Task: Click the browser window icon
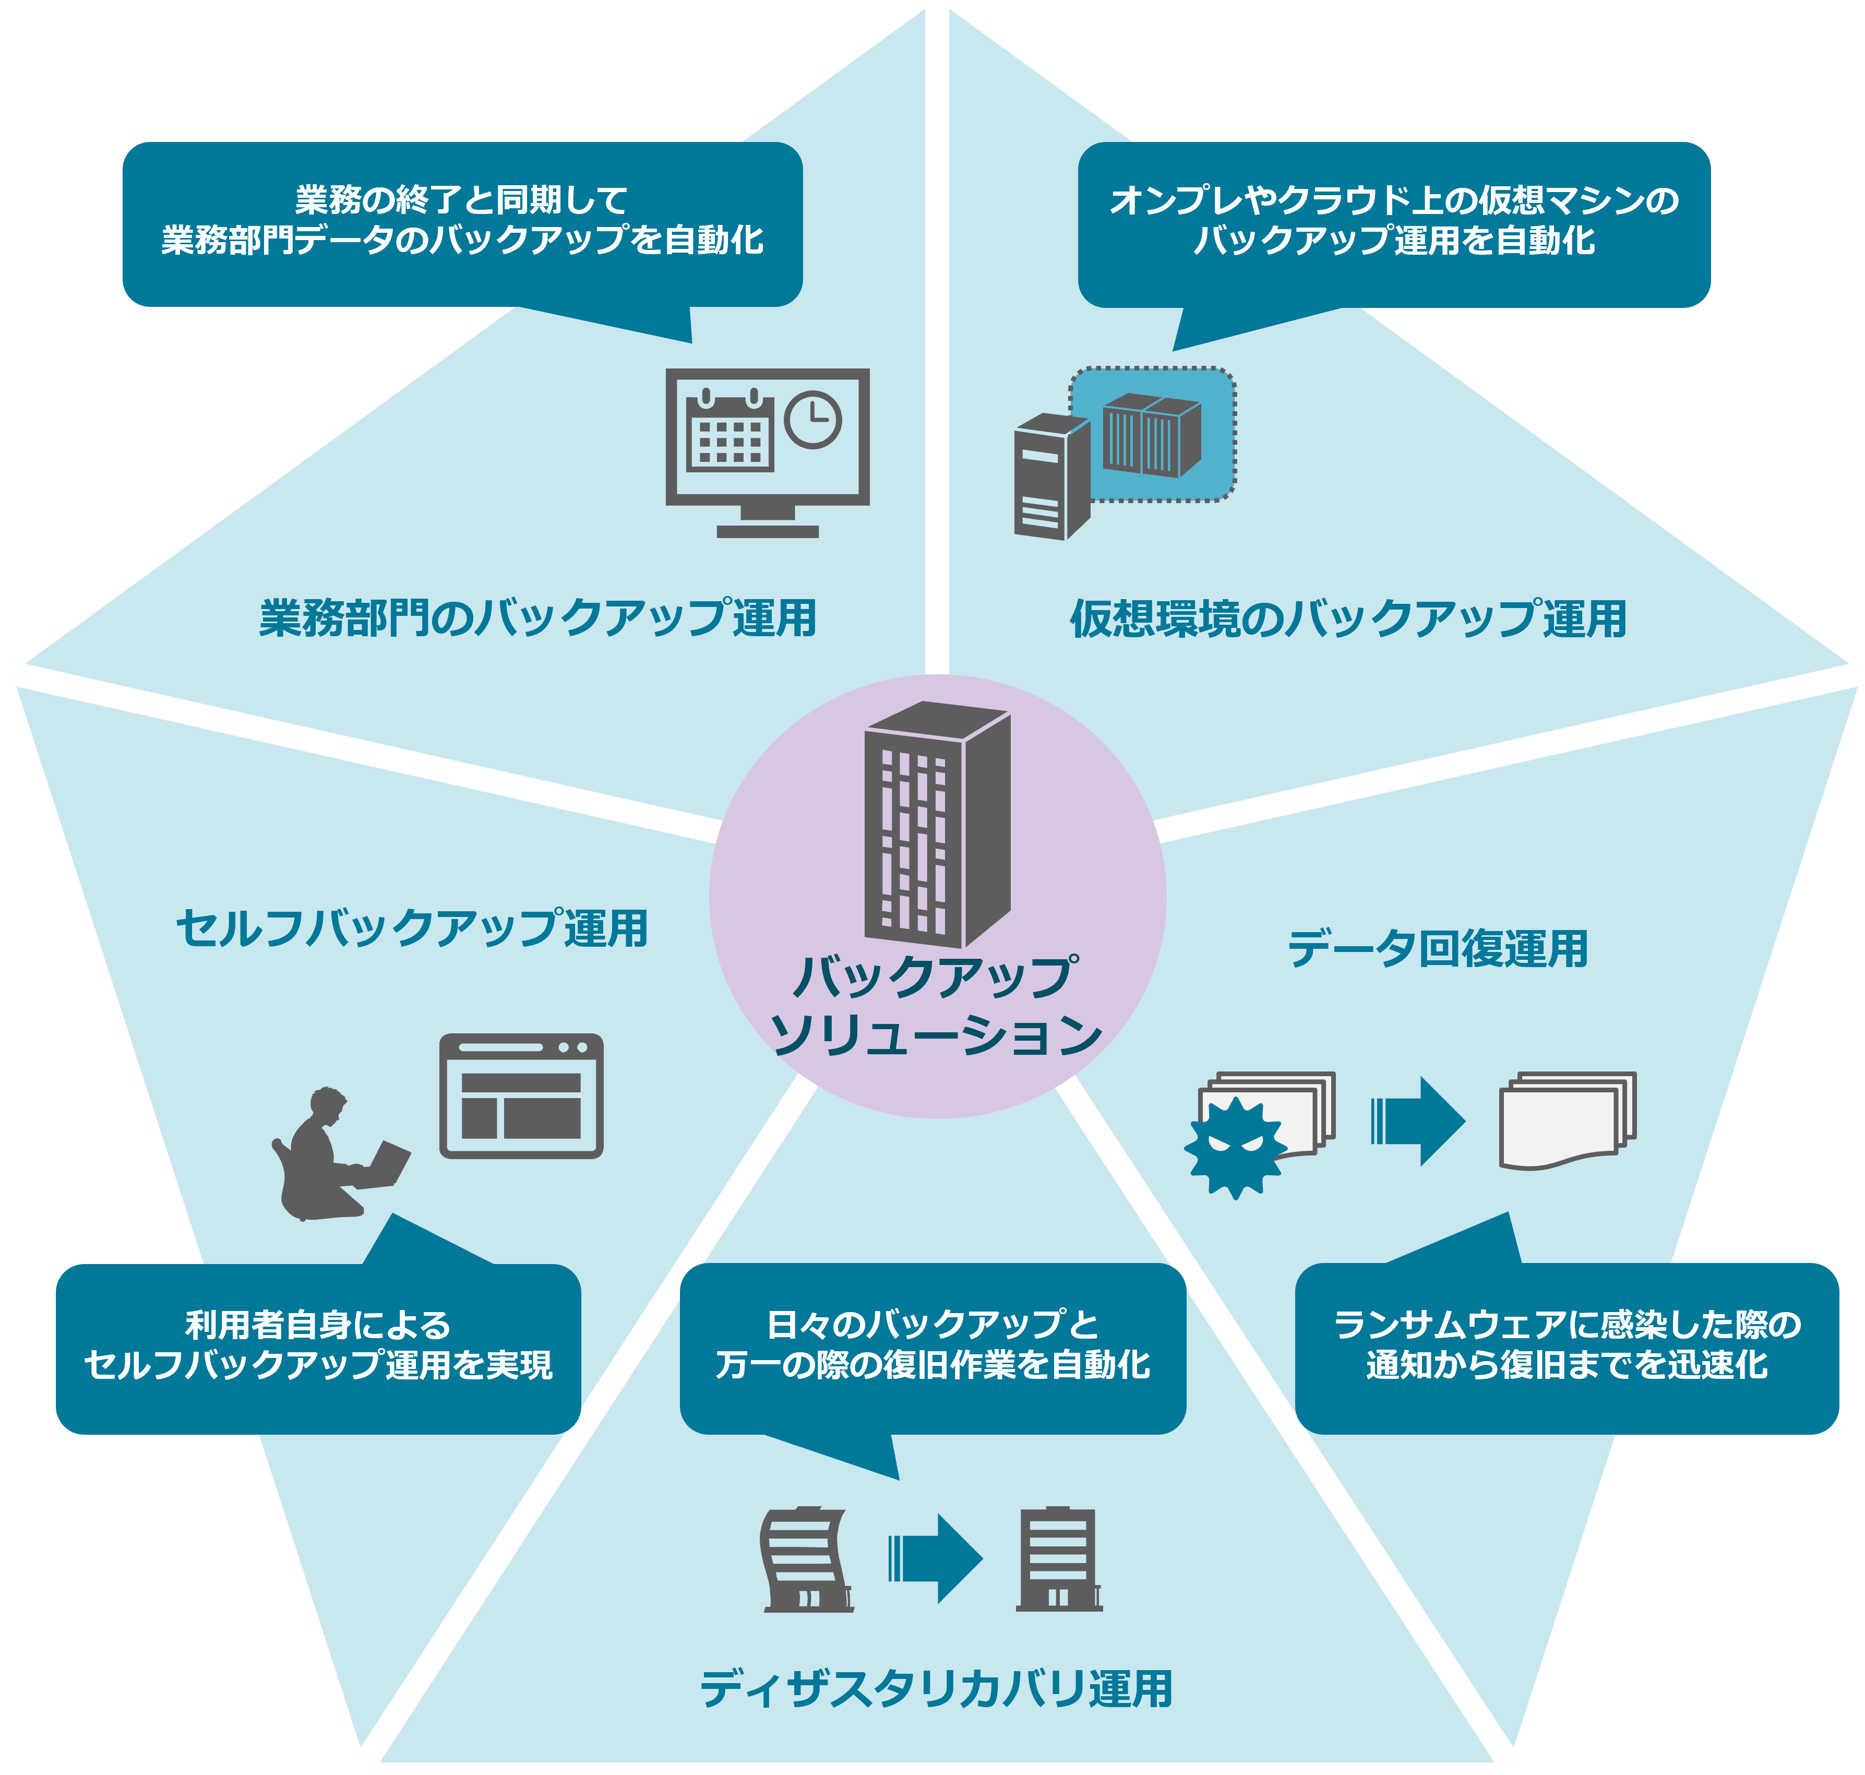[520, 1095]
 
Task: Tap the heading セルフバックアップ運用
[412, 928]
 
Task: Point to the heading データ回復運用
[1437, 949]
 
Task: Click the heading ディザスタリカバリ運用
[936, 1689]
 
